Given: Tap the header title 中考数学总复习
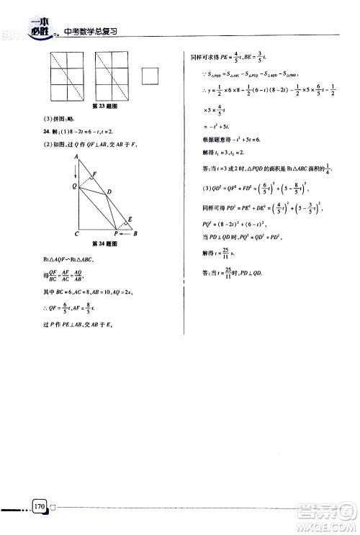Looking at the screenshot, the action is (x=91, y=32).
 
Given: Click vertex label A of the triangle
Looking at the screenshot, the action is (x=76, y=156).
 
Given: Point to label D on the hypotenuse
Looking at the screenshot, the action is (x=109, y=192).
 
